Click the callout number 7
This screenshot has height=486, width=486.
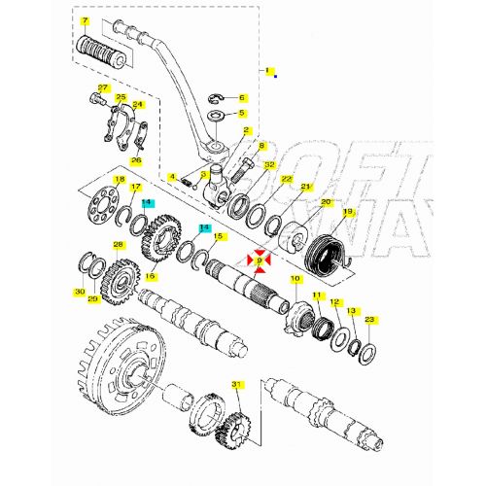tap(85, 20)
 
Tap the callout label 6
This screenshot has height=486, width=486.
tap(242, 98)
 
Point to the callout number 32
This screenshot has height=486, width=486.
tap(269, 165)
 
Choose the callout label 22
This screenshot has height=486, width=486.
tap(287, 180)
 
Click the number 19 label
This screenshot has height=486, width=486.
tap(347, 211)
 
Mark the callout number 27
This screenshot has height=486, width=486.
tap(103, 88)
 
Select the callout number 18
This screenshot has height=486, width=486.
tap(119, 180)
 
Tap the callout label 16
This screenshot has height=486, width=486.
tap(150, 276)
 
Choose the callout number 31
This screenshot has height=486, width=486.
tap(234, 386)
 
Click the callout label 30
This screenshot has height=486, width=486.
tap(79, 291)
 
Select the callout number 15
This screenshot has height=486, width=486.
tap(219, 236)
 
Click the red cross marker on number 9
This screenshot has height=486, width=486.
tap(260, 260)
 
